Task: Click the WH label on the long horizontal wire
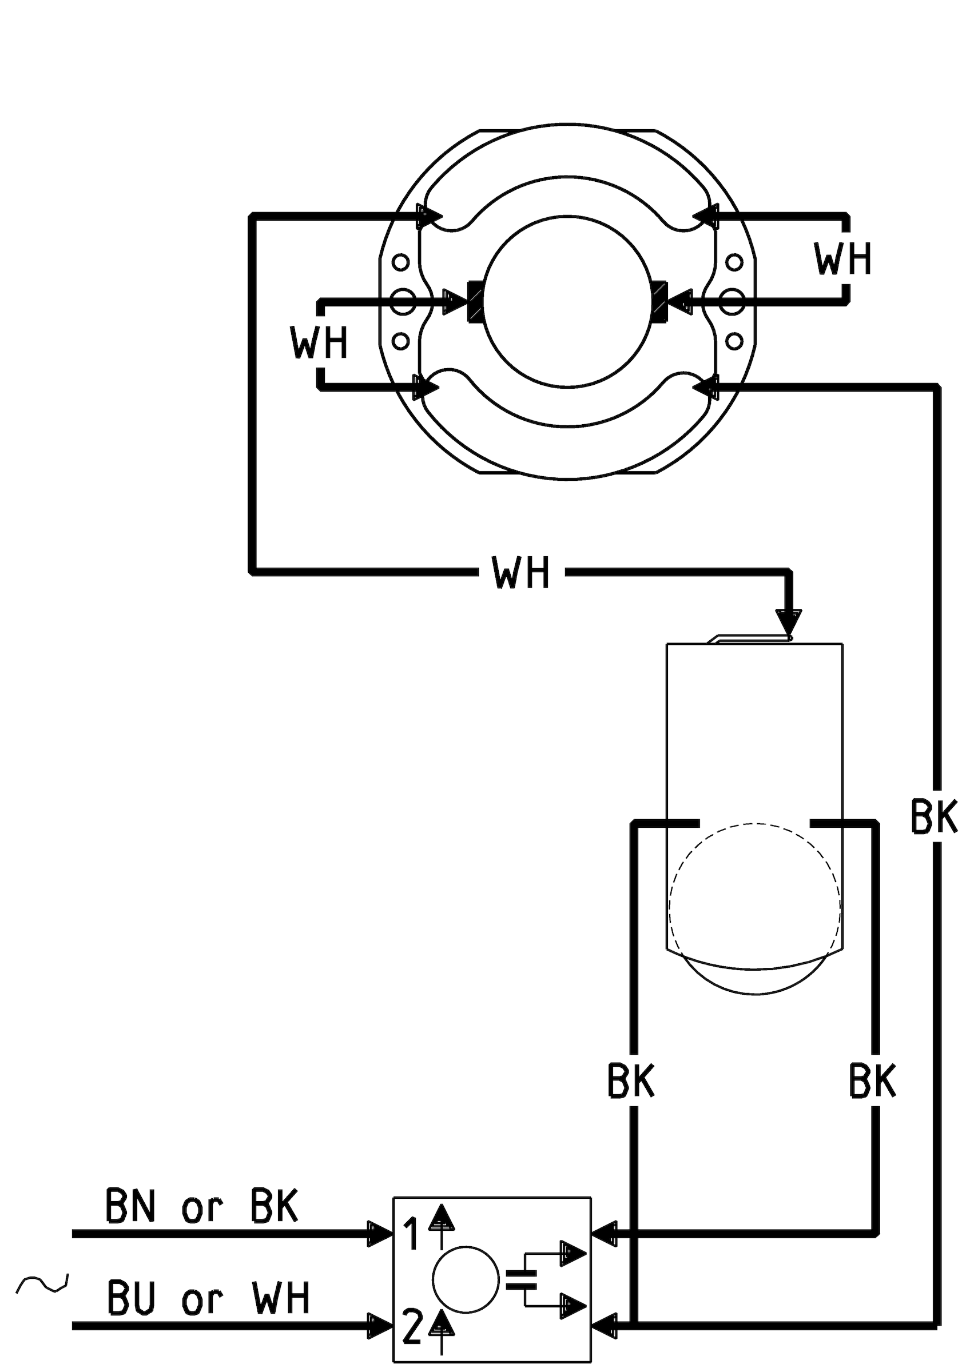coord(520,572)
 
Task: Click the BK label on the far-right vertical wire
coord(934,816)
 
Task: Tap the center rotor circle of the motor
coord(567,301)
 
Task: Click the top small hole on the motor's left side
coord(400,262)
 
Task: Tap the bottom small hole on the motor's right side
coord(734,341)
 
